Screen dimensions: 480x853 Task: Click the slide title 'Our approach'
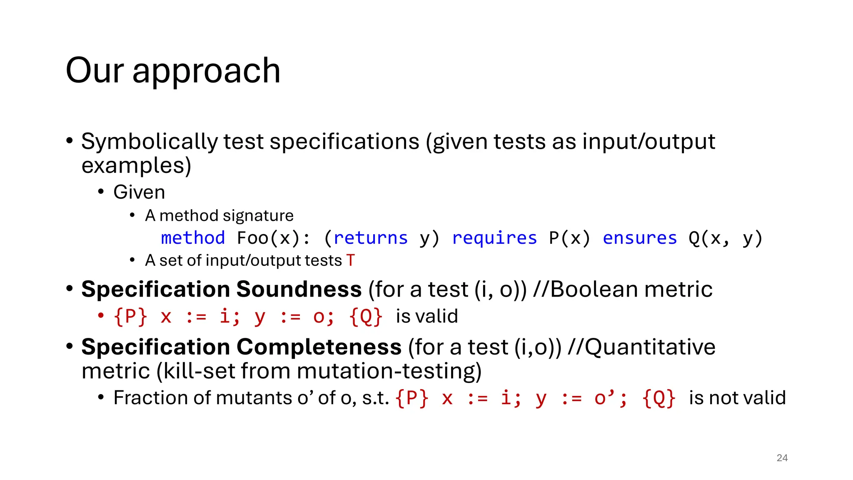pos(173,71)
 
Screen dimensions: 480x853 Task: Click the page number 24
pos(782,458)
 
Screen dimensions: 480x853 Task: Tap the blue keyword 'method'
pos(193,238)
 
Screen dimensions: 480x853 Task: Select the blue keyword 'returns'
pos(370,238)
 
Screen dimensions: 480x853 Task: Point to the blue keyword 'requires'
pos(494,238)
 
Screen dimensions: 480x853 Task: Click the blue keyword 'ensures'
pos(640,238)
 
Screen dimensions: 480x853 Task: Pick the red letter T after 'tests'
pos(351,260)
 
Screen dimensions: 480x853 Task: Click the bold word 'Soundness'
pos(299,289)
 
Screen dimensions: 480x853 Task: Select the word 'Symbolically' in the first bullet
pos(149,142)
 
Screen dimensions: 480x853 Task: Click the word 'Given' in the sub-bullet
pos(139,192)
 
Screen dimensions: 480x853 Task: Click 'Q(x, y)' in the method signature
pos(725,238)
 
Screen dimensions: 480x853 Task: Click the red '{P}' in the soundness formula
pos(130,316)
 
